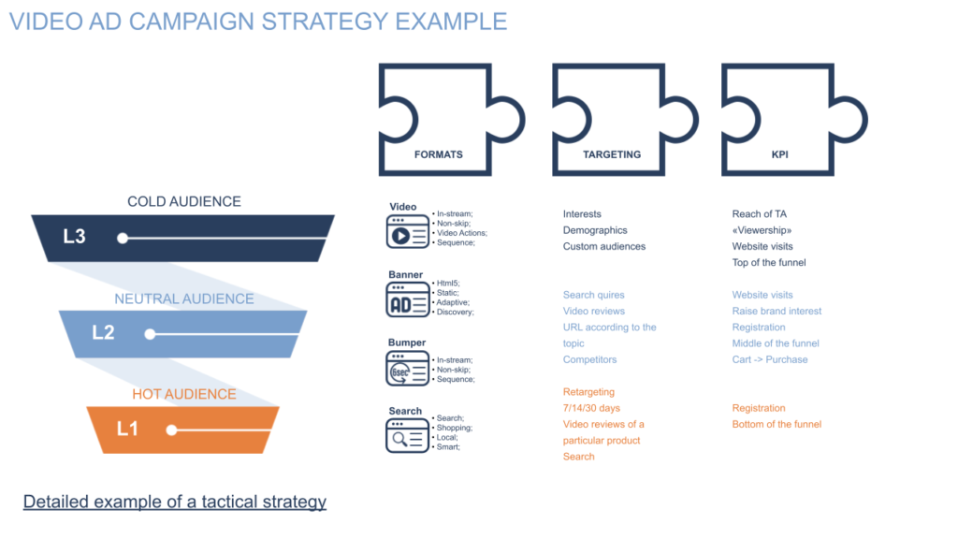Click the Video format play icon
pyautogui.click(x=408, y=232)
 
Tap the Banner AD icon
pyautogui.click(x=408, y=300)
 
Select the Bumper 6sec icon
pyautogui.click(x=408, y=369)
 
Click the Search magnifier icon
pyautogui.click(x=408, y=436)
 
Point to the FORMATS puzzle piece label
pyautogui.click(x=438, y=154)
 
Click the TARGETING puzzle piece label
pyautogui.click(x=612, y=154)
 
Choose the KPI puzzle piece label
pyautogui.click(x=779, y=154)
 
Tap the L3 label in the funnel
pyautogui.click(x=75, y=237)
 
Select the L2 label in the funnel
pyautogui.click(x=103, y=332)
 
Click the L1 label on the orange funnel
pyautogui.click(x=127, y=429)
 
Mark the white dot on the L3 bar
pyautogui.click(x=123, y=239)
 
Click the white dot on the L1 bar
pyautogui.click(x=172, y=430)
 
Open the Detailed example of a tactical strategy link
pyautogui.click(x=175, y=502)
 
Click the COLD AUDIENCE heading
pyautogui.click(x=184, y=202)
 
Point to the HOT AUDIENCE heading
pyautogui.click(x=184, y=394)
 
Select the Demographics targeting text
pyautogui.click(x=595, y=230)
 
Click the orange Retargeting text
pyautogui.click(x=589, y=392)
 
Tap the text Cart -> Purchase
pyautogui.click(x=770, y=359)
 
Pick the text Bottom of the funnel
pyautogui.click(x=777, y=424)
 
